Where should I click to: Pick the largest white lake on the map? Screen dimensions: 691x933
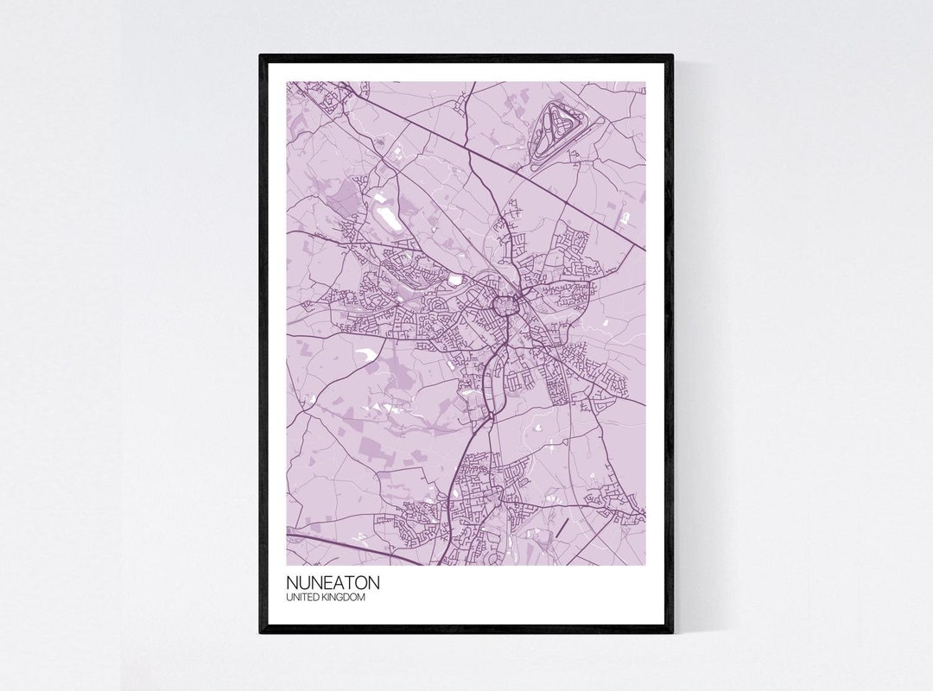tap(385, 211)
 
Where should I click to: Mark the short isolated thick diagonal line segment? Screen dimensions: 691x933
tap(563, 526)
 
